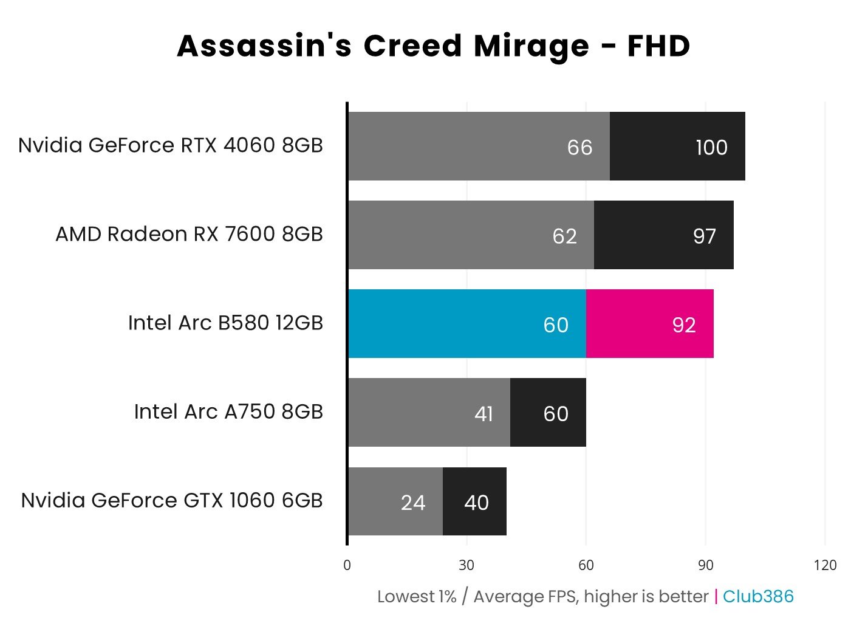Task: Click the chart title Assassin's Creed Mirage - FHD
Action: coord(433,46)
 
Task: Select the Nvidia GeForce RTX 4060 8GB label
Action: coord(170,145)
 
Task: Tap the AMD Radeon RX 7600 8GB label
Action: coord(189,234)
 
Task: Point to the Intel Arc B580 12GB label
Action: coord(225,323)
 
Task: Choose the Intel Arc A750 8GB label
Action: coord(228,411)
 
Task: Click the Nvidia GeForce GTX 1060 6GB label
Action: coord(171,500)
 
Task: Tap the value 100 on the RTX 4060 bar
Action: coord(711,147)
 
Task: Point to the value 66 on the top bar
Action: coord(579,147)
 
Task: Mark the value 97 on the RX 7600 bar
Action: coord(705,236)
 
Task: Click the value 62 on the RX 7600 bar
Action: coord(564,236)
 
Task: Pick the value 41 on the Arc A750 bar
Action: coord(484,414)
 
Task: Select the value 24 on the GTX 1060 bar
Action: coord(413,503)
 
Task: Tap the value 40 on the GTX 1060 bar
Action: coord(476,503)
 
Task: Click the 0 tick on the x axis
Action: coord(347,565)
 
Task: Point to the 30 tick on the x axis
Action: coord(466,565)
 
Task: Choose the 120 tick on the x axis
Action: coord(825,565)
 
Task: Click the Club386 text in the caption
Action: coord(758,596)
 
